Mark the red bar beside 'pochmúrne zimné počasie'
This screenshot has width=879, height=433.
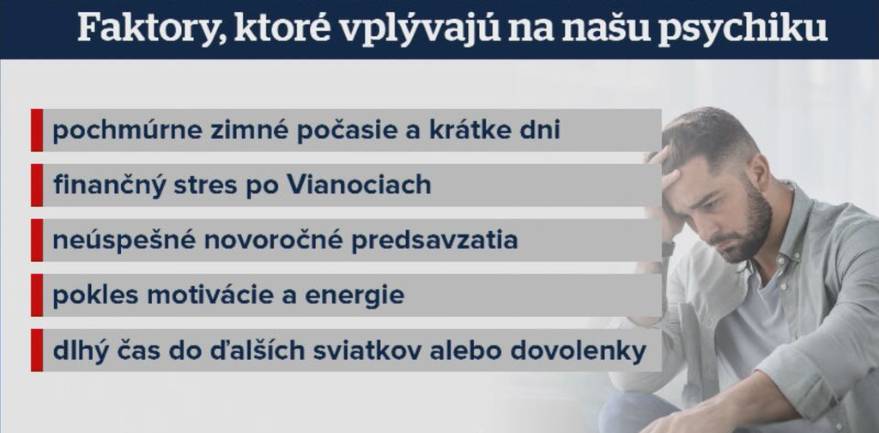36,131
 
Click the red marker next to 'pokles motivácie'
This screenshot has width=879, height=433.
36,296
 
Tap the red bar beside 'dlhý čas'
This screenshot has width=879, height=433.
36,351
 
